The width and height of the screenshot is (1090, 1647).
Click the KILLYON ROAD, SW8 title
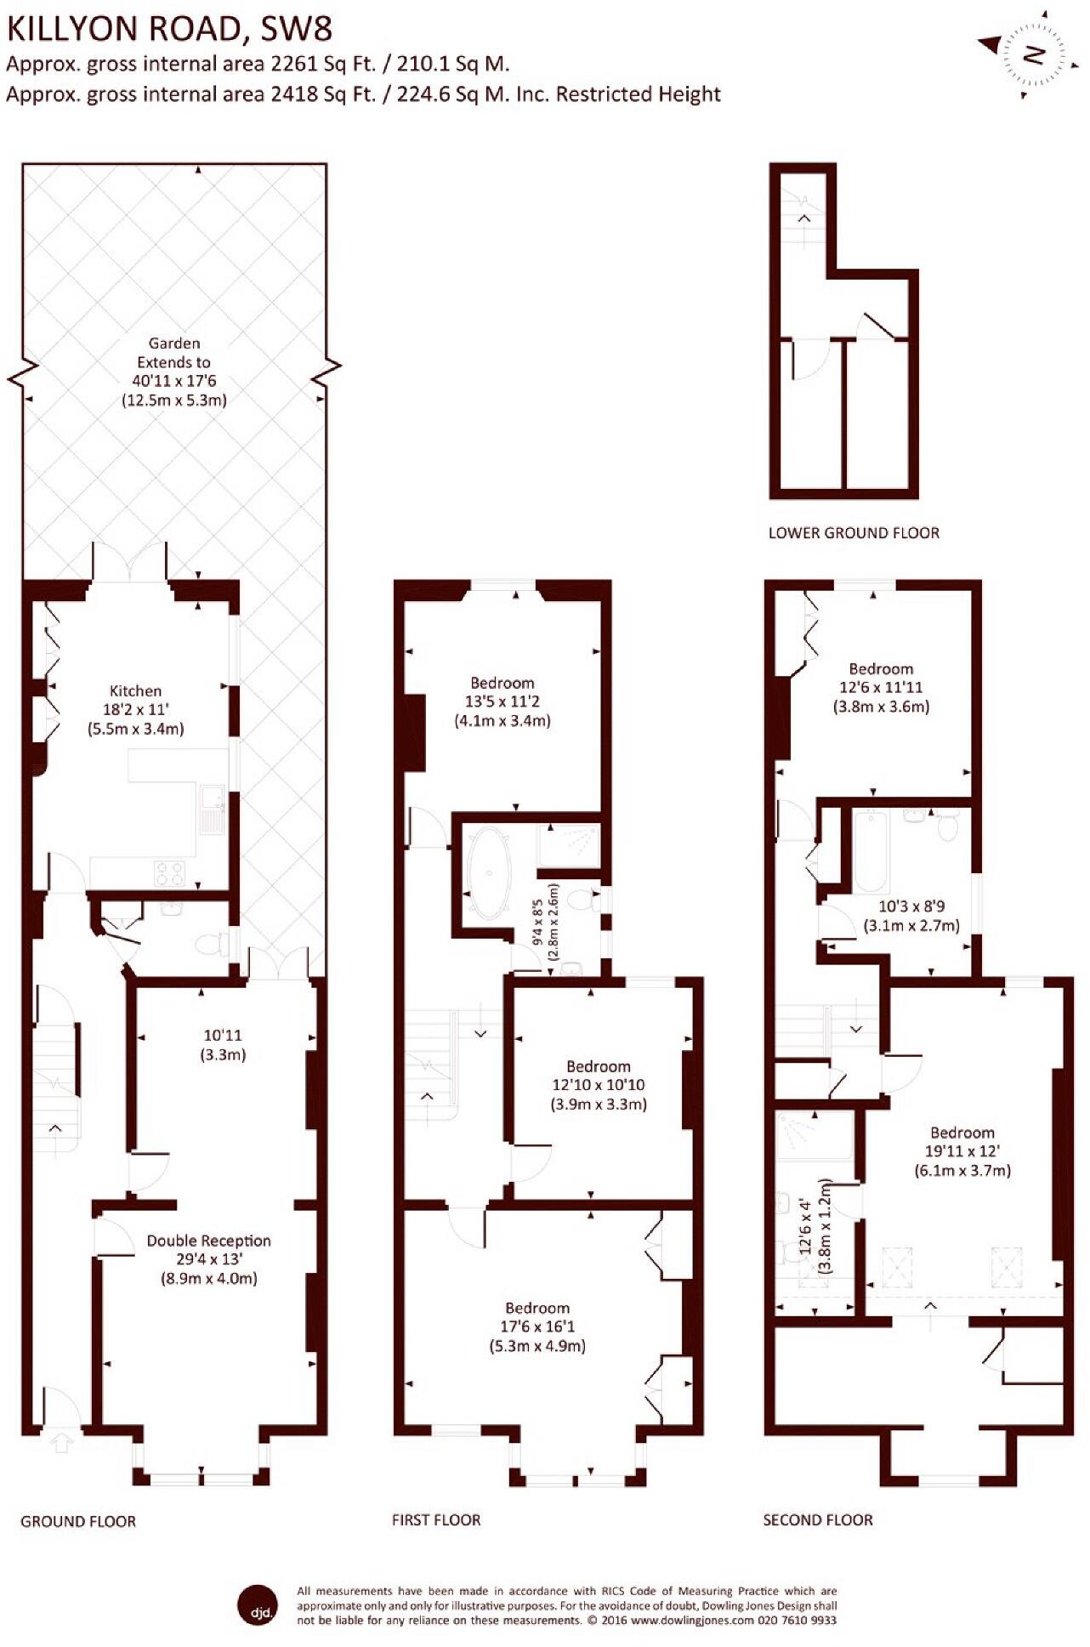(169, 29)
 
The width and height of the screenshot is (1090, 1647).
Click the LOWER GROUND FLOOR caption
(854, 533)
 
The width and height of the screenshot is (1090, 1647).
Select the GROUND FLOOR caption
(78, 1521)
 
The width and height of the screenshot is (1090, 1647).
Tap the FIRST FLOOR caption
(436, 1519)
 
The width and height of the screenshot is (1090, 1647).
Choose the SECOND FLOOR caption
(818, 1519)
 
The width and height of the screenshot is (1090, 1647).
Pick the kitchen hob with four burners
(168, 872)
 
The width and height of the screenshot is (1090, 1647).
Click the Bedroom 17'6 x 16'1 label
(537, 1326)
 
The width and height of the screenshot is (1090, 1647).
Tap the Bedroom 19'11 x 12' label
(962, 1151)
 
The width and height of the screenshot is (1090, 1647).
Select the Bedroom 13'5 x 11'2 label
(502, 701)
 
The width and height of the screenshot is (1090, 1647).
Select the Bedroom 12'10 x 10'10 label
(599, 1085)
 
